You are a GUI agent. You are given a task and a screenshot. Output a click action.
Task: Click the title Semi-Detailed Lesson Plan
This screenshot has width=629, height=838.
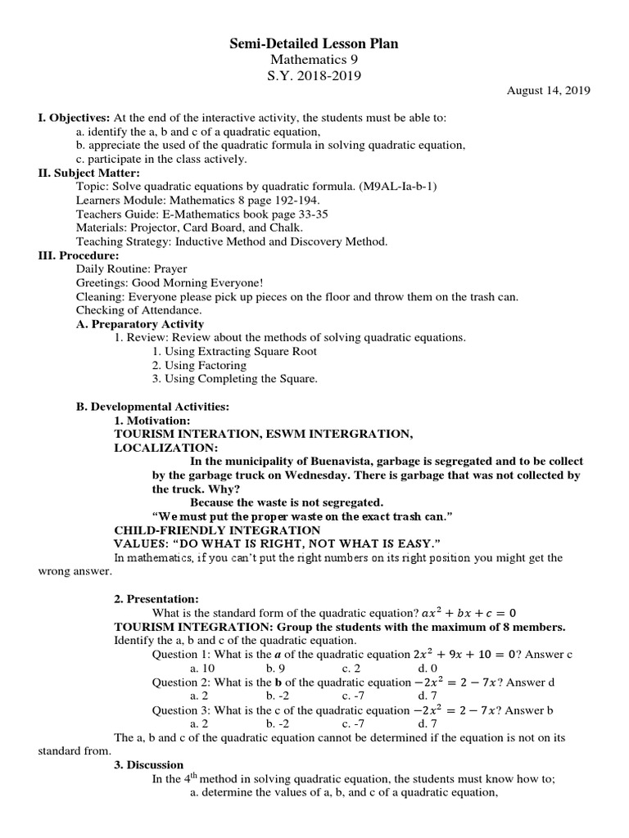tap(314, 43)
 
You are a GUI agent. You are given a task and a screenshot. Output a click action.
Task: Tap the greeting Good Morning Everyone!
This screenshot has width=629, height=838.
tap(192, 283)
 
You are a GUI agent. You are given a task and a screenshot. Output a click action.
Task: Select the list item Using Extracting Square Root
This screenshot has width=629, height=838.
tap(234, 351)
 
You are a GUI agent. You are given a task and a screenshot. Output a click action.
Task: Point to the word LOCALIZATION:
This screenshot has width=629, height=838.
tap(166, 448)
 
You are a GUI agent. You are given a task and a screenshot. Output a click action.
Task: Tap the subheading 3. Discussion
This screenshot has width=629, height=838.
tap(148, 765)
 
